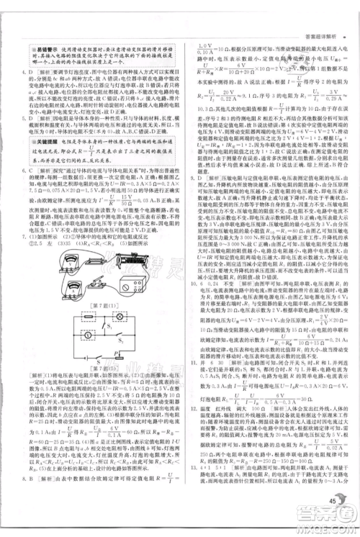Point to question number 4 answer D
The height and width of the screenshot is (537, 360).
(21, 73)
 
